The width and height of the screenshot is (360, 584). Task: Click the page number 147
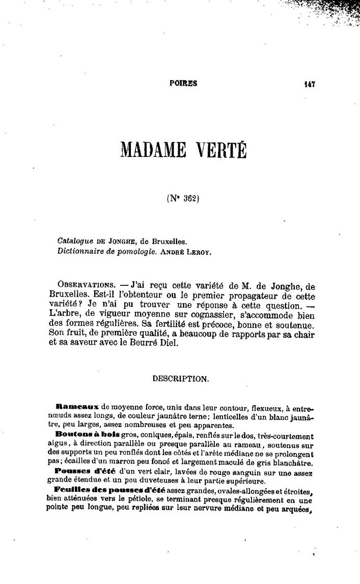(x=309, y=85)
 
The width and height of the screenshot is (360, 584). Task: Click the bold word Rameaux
(x=76, y=407)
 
